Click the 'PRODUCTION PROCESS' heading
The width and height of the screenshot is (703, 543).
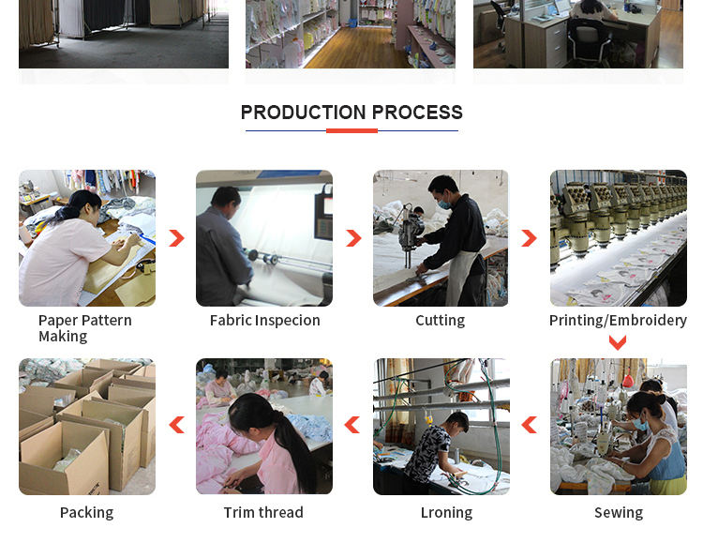(x=351, y=113)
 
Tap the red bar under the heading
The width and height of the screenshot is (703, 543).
(x=351, y=131)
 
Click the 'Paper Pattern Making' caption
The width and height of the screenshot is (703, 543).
(x=85, y=328)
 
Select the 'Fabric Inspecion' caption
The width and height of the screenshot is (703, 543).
(x=265, y=321)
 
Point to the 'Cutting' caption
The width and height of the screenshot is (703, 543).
(x=441, y=321)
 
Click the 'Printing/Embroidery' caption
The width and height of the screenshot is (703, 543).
(x=618, y=321)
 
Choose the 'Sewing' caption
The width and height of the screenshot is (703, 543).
(x=619, y=512)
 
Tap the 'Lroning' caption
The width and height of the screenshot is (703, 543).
(x=446, y=512)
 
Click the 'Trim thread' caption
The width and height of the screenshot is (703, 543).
(x=263, y=512)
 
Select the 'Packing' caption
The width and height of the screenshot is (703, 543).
(x=86, y=512)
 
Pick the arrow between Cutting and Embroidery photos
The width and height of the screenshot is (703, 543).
(x=531, y=238)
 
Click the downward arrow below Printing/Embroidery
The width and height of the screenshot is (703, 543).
(x=618, y=344)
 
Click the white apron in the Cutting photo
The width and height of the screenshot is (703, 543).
(x=461, y=279)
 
